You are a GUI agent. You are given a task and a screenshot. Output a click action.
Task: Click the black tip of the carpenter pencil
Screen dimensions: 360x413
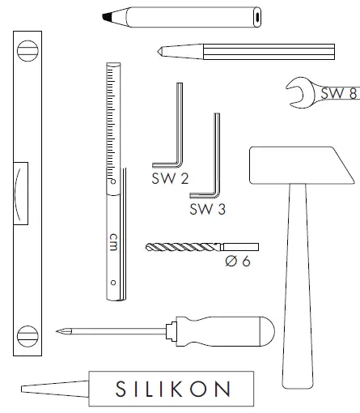107,17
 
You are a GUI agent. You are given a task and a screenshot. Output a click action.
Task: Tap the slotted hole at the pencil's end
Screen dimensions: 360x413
257,17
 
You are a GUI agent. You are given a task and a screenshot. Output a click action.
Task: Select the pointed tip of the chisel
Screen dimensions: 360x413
159,51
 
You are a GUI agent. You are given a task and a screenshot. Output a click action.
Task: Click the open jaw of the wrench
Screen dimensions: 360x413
297,92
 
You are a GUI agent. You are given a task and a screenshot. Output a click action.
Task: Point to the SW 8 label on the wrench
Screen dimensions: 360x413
339,93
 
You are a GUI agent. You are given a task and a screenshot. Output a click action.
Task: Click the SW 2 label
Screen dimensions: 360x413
170,178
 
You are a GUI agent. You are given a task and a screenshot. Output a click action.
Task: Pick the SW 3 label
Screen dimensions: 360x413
207,209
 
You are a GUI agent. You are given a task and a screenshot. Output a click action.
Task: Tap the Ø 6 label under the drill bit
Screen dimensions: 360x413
238,261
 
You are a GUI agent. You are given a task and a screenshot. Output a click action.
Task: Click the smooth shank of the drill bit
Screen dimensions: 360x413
239,247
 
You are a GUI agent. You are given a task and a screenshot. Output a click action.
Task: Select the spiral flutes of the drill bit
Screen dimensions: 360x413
183,247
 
